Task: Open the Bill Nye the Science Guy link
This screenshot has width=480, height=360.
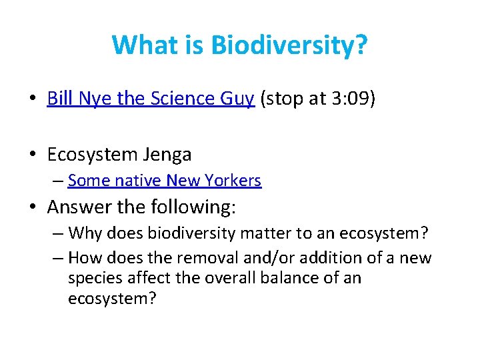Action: tap(151, 99)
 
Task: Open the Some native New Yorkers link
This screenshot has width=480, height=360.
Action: tap(165, 180)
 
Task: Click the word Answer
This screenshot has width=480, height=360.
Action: tap(79, 207)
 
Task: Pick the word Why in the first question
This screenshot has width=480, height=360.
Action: tap(84, 233)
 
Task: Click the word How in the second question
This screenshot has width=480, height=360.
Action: tap(85, 257)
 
